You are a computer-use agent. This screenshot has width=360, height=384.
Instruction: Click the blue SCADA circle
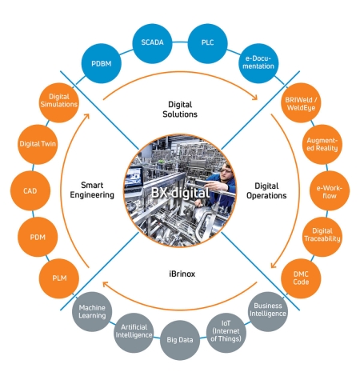(152, 43)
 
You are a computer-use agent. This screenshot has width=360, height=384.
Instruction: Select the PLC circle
(208, 43)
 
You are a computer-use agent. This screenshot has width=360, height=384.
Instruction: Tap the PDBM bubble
(102, 63)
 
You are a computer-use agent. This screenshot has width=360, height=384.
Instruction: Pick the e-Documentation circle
(258, 63)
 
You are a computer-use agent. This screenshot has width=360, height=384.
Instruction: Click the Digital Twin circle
(38, 144)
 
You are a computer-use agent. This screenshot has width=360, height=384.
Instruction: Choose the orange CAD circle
(30, 190)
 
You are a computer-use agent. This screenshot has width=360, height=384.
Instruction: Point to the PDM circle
(38, 237)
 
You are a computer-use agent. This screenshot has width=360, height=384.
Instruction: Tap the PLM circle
(59, 278)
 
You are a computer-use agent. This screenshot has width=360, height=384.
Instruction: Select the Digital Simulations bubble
(59, 102)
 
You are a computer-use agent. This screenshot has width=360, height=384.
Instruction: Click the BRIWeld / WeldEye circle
(301, 102)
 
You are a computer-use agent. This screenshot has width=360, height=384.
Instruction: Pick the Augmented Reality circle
(322, 144)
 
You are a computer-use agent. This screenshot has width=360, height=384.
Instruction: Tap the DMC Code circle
(301, 278)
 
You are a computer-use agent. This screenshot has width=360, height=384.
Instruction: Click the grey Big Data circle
(180, 340)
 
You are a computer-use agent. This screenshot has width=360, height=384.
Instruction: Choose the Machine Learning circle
(92, 311)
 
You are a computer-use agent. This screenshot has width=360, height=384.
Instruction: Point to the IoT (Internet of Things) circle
(226, 333)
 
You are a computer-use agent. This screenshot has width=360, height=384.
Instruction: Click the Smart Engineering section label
(92, 190)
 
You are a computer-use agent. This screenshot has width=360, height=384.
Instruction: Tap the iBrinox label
(182, 274)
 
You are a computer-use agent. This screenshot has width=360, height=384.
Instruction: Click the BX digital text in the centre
(180, 193)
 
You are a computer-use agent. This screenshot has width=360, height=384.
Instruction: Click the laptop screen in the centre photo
(134, 177)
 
